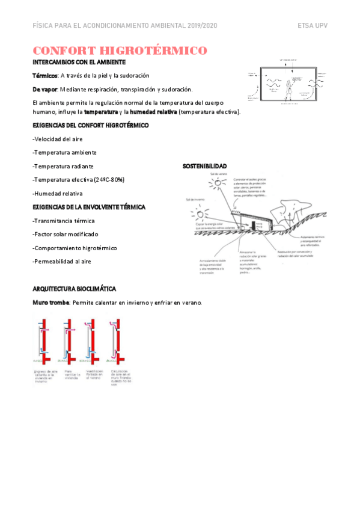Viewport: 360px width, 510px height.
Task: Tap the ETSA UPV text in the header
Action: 312,26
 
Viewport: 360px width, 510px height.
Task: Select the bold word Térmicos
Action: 45,76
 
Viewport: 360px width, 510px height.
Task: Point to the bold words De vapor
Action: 45,89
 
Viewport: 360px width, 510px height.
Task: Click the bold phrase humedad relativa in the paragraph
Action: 153,112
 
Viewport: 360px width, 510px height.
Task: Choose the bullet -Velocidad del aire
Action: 58,139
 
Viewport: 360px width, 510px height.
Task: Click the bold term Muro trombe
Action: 50,302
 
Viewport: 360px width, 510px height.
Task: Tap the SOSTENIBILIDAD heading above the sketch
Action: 204,166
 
